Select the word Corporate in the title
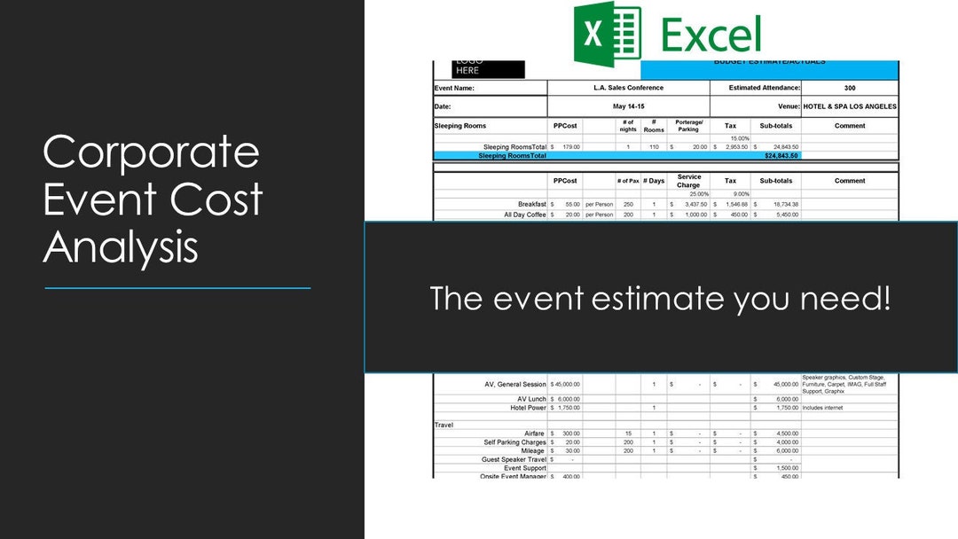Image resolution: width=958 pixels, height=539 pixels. click(x=151, y=152)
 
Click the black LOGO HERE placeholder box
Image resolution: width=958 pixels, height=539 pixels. click(x=488, y=69)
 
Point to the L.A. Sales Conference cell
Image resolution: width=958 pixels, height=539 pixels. click(x=628, y=88)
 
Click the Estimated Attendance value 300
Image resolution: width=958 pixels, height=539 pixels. click(x=850, y=88)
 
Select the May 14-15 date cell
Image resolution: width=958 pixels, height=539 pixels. click(x=628, y=106)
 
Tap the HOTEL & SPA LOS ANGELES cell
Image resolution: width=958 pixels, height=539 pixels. click(x=850, y=106)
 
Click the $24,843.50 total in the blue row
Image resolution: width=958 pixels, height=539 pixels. click(x=781, y=155)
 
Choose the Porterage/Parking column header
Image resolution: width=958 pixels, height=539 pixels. click(x=688, y=126)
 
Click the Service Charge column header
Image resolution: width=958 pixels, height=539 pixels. click(x=688, y=181)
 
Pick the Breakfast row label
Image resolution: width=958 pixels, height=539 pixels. click(x=532, y=205)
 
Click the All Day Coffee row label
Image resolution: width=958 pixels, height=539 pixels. click(x=527, y=215)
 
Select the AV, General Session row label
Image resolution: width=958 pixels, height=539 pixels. click(x=515, y=385)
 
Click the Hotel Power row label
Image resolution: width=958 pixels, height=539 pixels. click(x=528, y=408)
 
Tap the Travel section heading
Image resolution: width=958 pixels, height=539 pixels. click(x=444, y=426)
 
